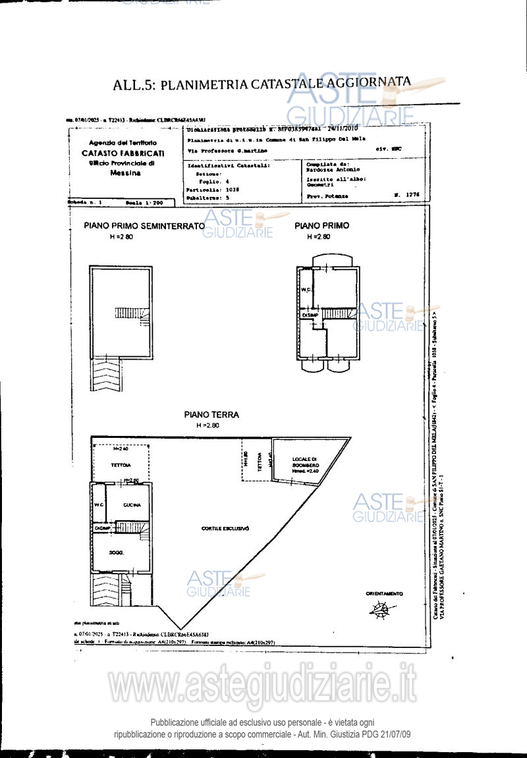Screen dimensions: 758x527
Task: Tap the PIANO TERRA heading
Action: pos(211,415)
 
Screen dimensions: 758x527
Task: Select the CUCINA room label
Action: pos(132,505)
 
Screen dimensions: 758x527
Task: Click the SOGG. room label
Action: pos(117,551)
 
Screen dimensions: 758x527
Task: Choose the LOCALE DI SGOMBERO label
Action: pos(305,462)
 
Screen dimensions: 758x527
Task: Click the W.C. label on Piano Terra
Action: pos(99,505)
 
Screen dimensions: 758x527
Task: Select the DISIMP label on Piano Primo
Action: pos(310,315)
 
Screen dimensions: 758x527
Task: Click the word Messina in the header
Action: pos(123,173)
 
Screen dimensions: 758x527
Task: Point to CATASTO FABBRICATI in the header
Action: pos(123,153)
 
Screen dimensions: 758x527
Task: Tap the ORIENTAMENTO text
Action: pos(384,594)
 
